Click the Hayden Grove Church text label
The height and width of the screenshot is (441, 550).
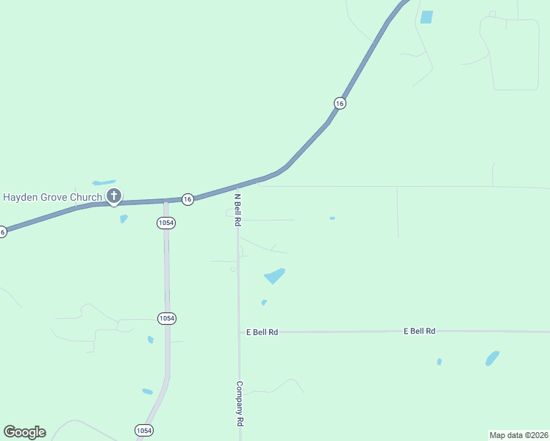(x=52, y=197)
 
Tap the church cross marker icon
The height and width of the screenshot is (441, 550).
(x=114, y=196)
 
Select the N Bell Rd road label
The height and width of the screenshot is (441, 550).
(x=238, y=209)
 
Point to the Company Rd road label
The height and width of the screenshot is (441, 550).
(x=239, y=404)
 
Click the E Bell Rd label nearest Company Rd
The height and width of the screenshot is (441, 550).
(x=262, y=332)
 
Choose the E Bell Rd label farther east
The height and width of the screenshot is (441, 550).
(x=419, y=331)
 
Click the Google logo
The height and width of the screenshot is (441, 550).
(x=24, y=432)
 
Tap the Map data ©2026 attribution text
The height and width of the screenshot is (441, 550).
(x=518, y=434)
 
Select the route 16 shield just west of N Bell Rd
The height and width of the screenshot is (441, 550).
(x=187, y=199)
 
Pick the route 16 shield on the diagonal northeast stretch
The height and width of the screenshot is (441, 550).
(x=339, y=104)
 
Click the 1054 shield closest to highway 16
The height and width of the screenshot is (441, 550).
(x=166, y=223)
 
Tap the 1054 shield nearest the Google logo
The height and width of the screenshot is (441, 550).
(x=144, y=430)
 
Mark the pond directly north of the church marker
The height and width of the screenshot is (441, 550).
(x=104, y=182)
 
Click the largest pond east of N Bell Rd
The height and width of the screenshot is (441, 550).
(x=274, y=276)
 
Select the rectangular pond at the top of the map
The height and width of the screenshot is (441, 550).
(x=426, y=17)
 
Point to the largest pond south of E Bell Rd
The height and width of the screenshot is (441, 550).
(x=492, y=359)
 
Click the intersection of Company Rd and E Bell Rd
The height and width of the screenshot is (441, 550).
(x=239, y=332)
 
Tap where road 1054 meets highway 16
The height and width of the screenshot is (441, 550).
(x=165, y=200)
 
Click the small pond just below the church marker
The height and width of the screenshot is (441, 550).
(x=124, y=218)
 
